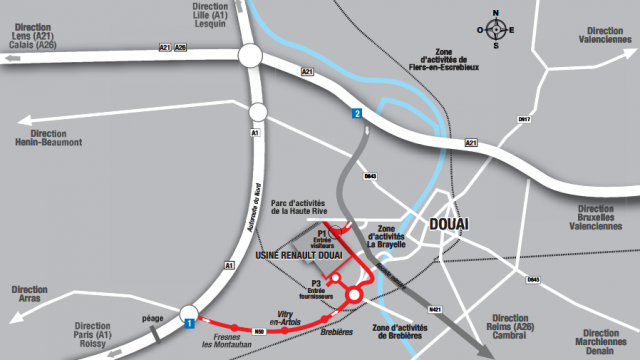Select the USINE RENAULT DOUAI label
(299, 256)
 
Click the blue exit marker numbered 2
(355, 115)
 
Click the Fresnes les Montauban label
(232, 342)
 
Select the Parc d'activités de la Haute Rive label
(311, 206)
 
